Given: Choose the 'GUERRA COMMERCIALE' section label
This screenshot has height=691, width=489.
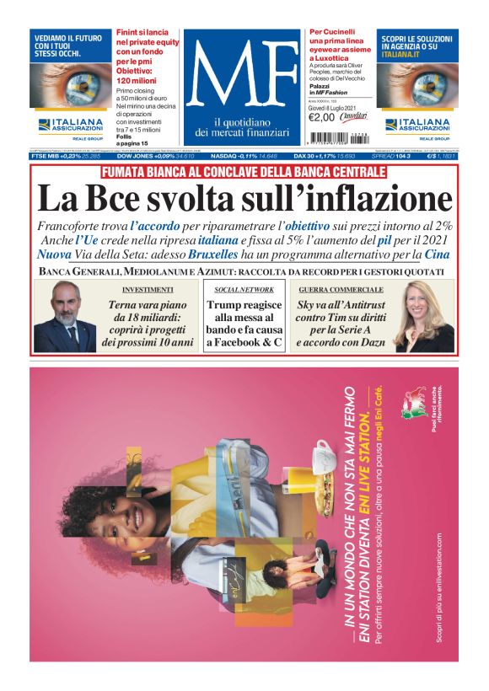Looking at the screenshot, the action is point(336,288).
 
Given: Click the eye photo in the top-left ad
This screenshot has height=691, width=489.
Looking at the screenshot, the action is point(67,80).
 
